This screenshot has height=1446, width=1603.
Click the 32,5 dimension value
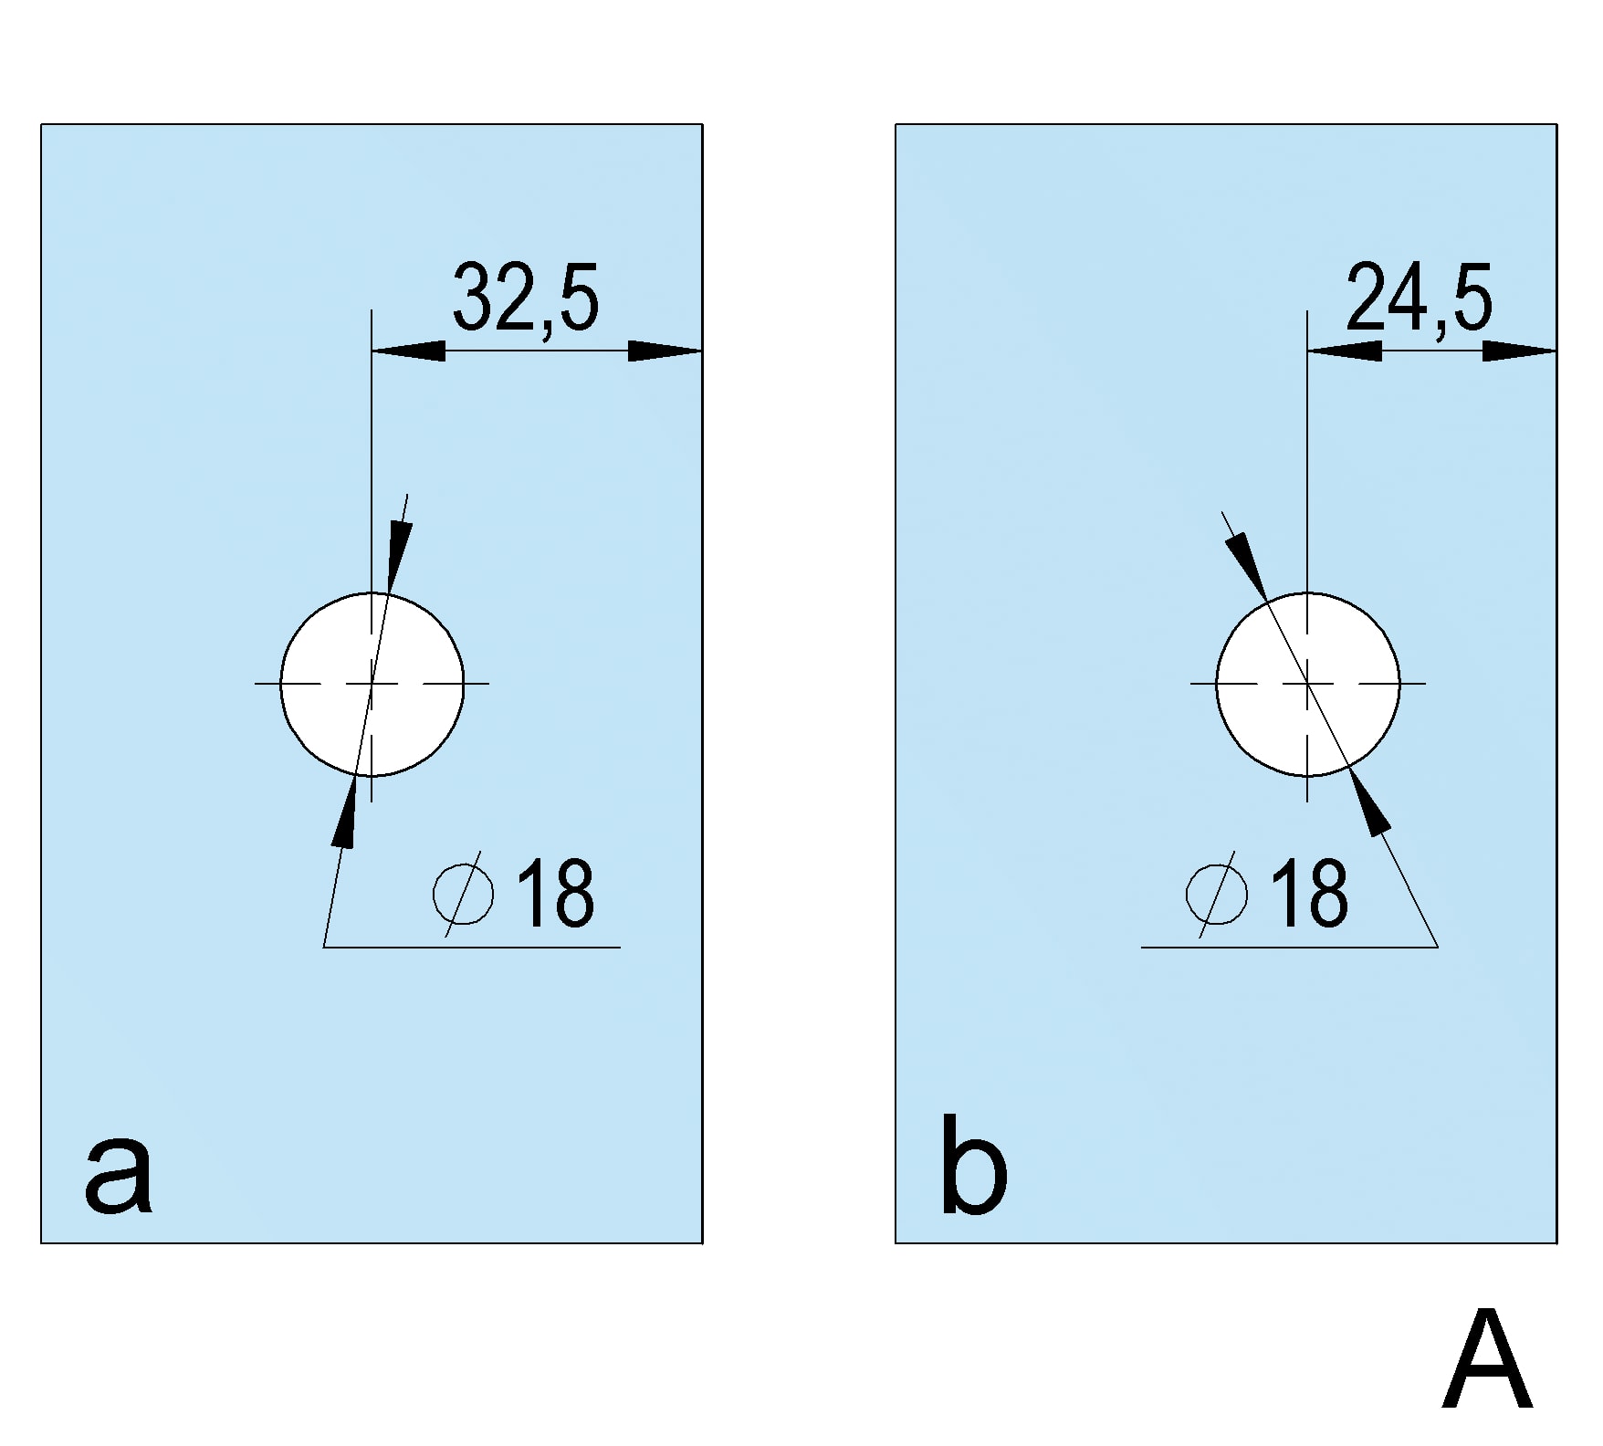[x=526, y=298]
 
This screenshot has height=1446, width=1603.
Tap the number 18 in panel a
[x=556, y=893]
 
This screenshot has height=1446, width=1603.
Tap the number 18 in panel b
[x=1309, y=893]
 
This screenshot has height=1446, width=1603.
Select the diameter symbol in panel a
[x=464, y=893]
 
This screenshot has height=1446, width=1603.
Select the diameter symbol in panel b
[x=1217, y=893]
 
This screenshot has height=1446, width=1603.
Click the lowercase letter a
[x=118, y=1178]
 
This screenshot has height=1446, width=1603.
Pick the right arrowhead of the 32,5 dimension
[x=665, y=351]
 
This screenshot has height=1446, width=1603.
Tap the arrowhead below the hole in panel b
[x=1369, y=802]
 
